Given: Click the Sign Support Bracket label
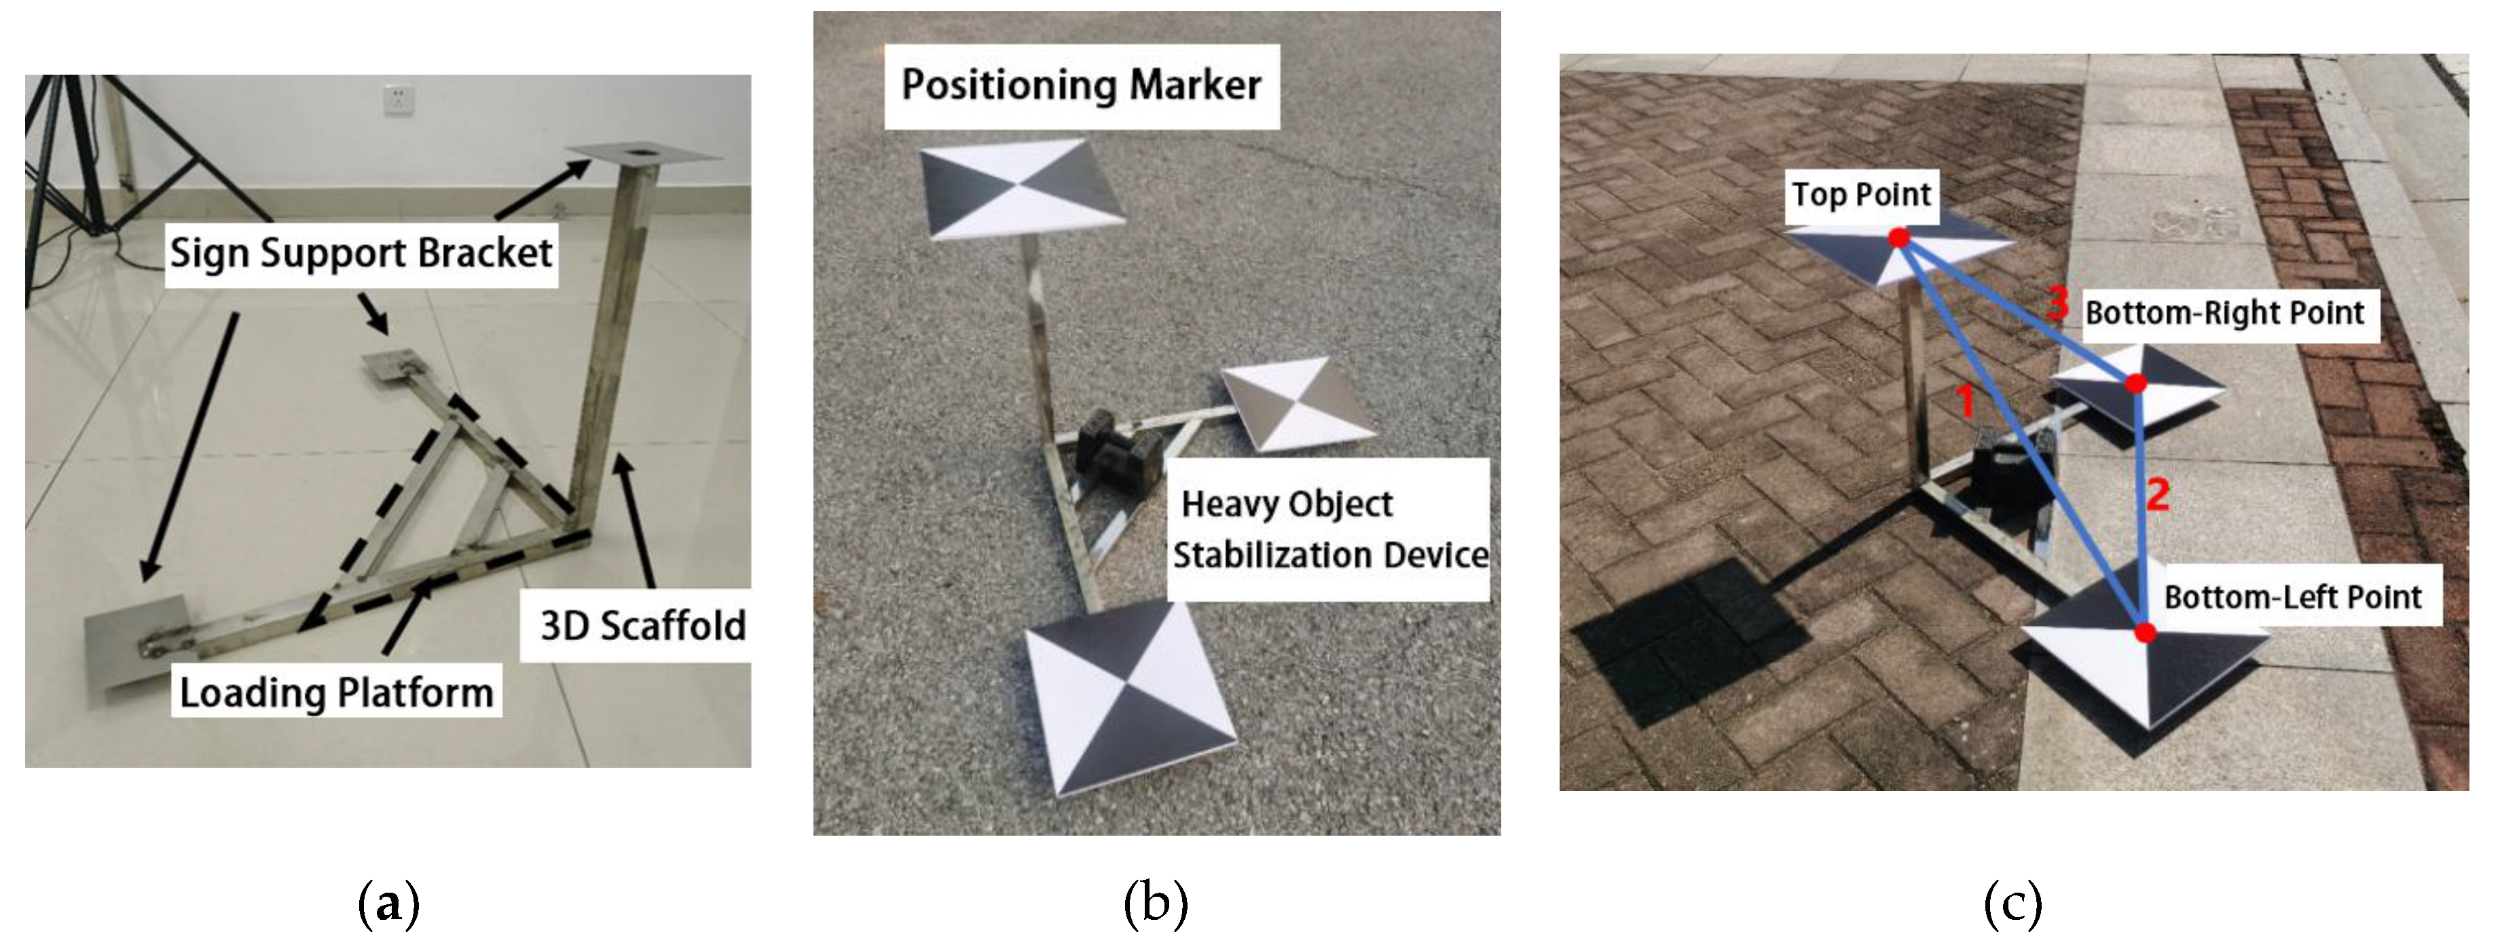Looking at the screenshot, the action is pos(361,253).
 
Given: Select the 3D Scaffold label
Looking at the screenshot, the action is pos(642,626).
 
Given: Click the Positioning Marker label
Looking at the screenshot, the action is pos(1081,86).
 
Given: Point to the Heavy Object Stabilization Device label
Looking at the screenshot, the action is pos(1329,530).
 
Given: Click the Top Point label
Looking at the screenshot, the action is pos(1860,195).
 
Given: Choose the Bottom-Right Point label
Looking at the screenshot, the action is pos(2224,314).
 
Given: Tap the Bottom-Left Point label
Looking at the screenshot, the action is pos(2292,597).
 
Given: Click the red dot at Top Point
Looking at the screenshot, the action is pos(1899,238).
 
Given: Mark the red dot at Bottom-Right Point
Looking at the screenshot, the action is pos(2135,384).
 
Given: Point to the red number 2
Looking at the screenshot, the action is pos(2157,495).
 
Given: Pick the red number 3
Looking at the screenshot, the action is pos(2057,303).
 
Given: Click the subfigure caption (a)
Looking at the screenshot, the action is pos(389,904).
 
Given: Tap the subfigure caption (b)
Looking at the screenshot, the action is pos(1155,904).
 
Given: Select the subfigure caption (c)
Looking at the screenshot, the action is pos(2012,904).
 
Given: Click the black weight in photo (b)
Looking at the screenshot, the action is pos(1119,453).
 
